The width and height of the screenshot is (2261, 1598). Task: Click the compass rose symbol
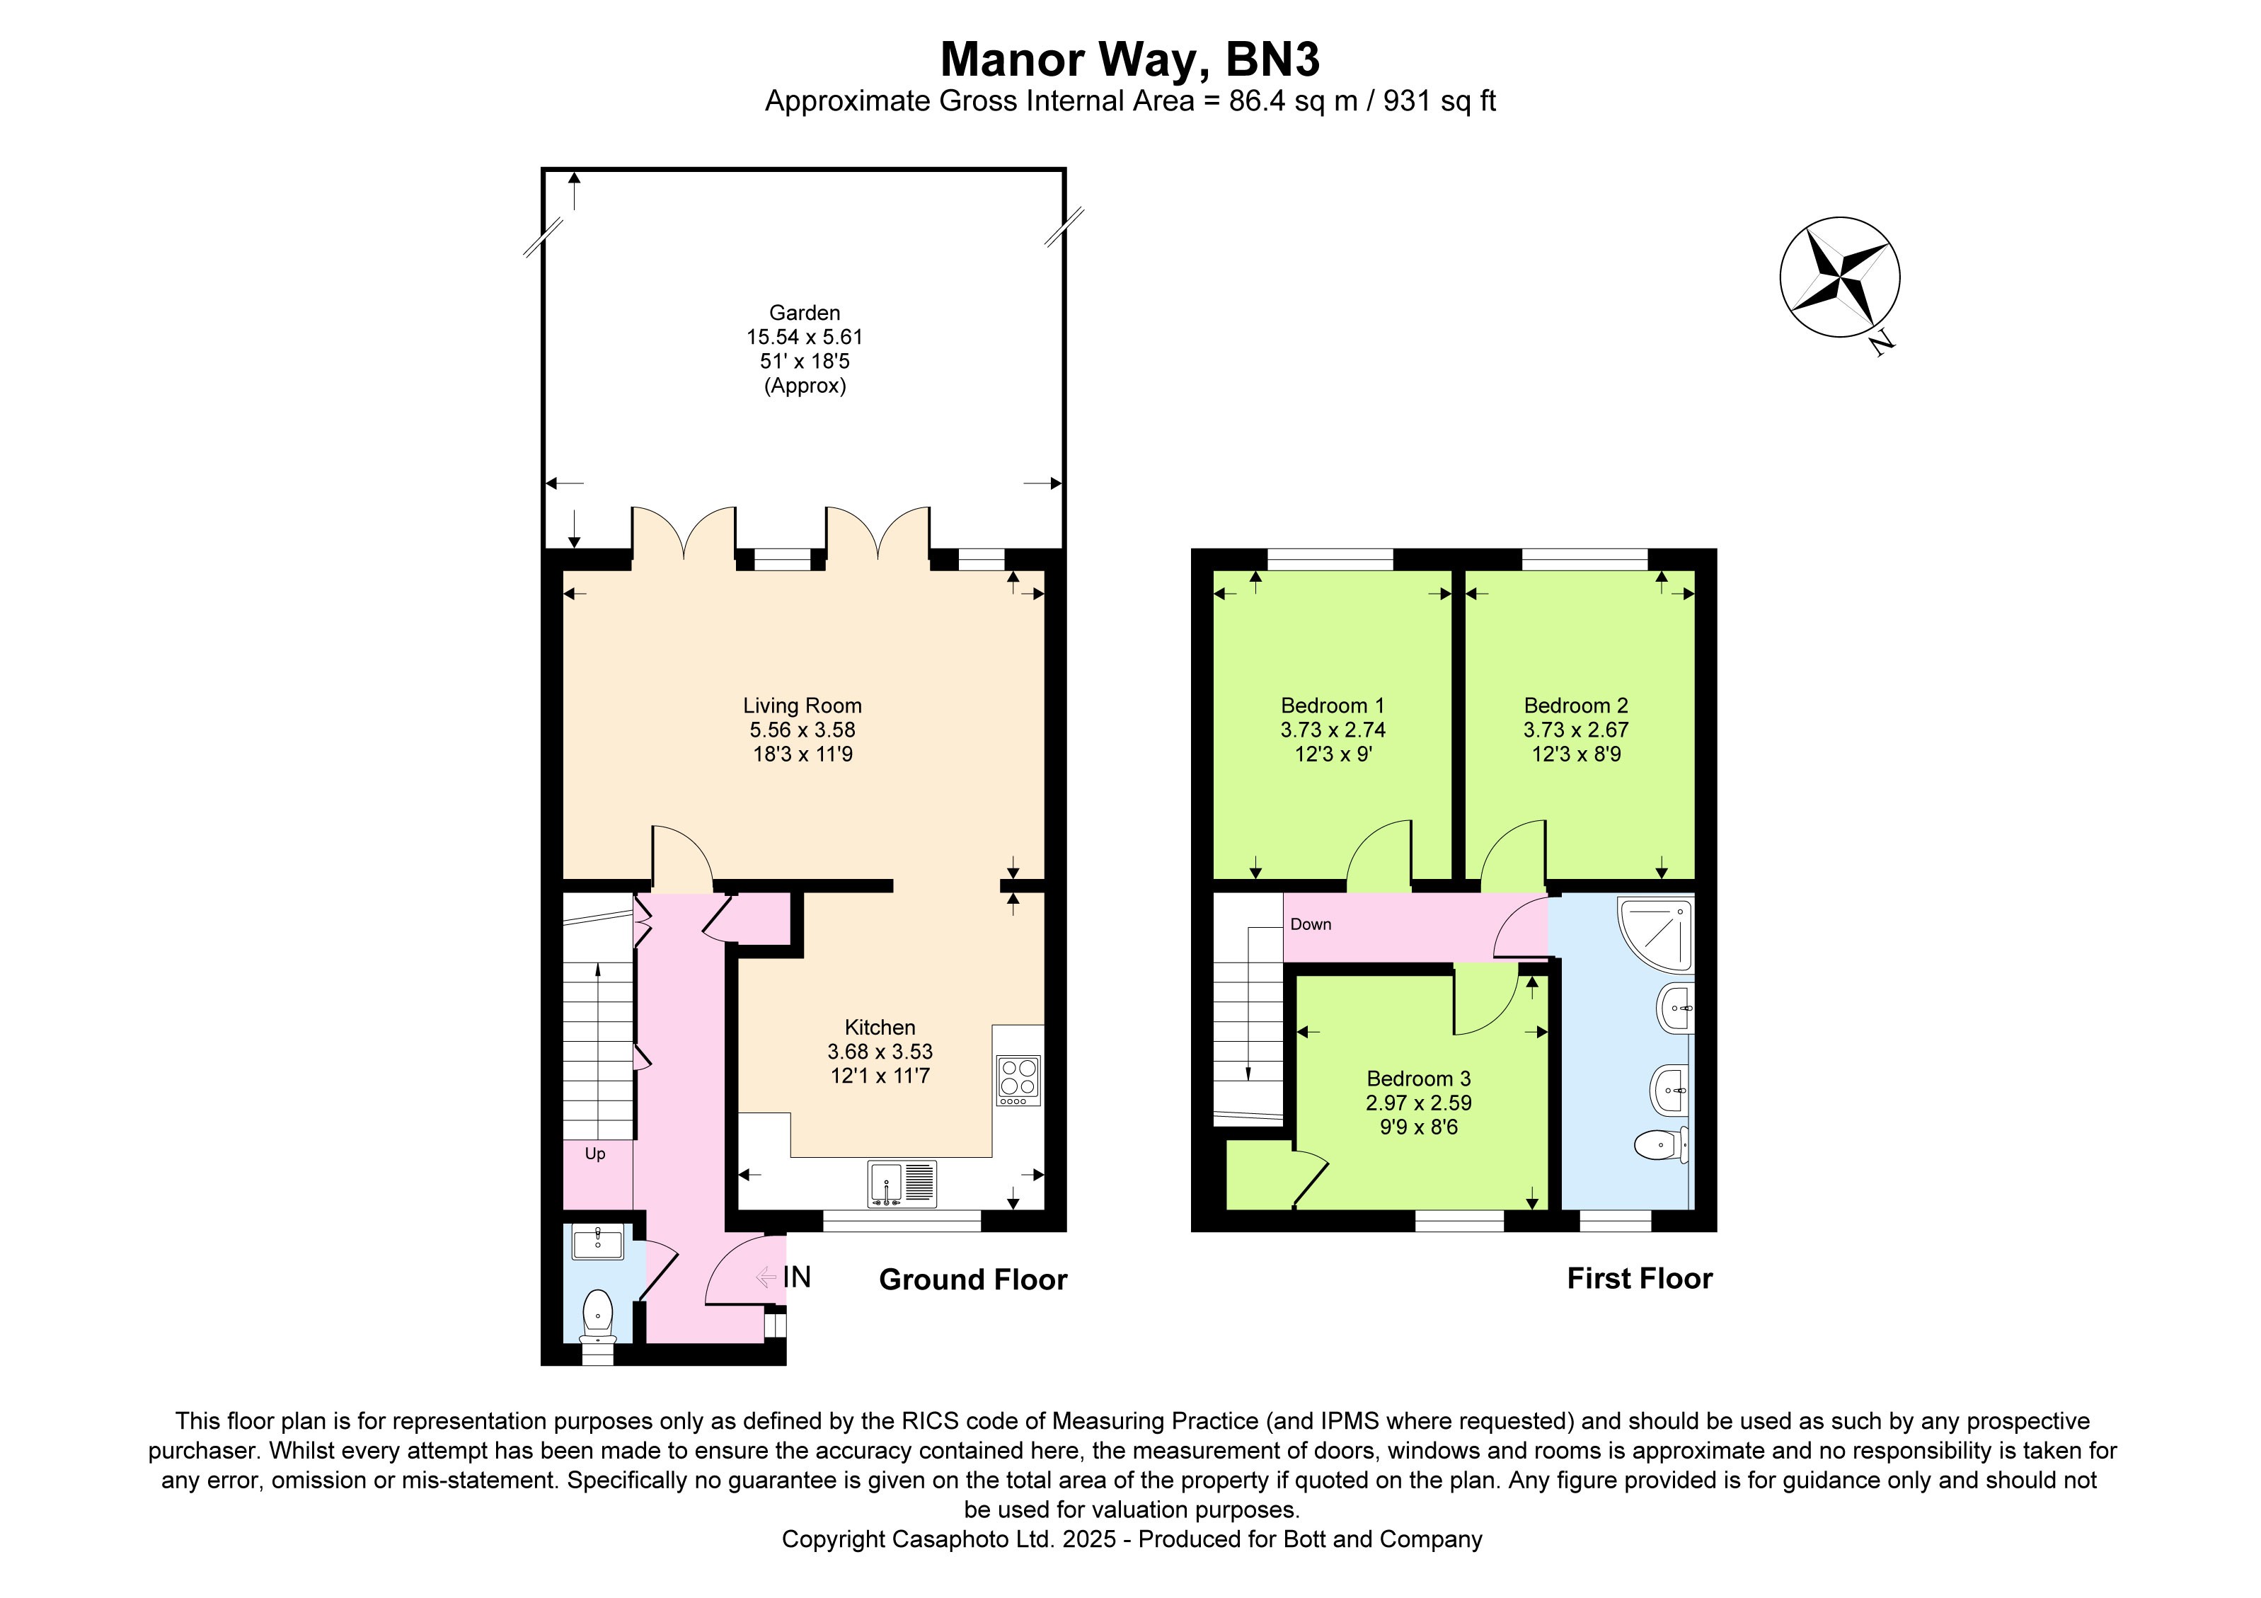1839,277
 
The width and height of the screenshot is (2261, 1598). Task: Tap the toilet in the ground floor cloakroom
597,1316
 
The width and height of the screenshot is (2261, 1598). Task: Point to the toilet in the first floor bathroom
1662,1144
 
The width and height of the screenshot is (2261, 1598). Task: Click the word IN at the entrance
797,1277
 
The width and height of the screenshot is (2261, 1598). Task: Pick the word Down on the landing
1311,924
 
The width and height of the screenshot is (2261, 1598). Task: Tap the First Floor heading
1640,1278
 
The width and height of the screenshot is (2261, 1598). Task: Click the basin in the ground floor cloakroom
598,1243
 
